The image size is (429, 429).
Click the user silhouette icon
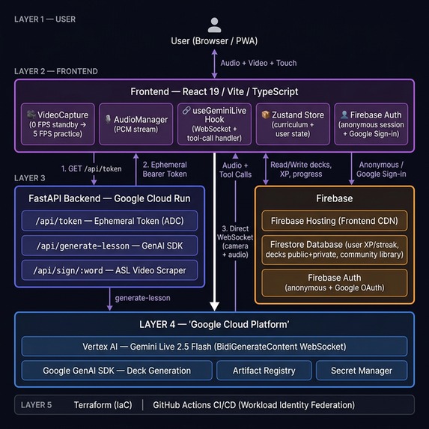coord(214,25)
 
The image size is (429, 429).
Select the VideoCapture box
coord(58,124)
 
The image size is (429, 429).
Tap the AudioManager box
coord(136,124)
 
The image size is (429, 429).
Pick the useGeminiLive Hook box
coord(214,124)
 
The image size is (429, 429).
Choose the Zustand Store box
coord(293,124)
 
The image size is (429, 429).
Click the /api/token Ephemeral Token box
coord(109,221)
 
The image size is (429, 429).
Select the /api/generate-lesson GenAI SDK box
coord(109,246)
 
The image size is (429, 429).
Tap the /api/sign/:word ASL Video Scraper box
coord(109,270)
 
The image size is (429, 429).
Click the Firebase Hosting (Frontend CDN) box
coord(335,221)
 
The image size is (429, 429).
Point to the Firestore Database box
coord(335,249)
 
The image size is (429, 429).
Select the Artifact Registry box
coord(264,371)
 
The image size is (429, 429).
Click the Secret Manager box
coord(362,371)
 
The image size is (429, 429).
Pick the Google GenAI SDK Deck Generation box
coord(117,371)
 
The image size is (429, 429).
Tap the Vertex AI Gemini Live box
coord(214,347)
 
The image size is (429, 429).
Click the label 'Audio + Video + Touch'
coord(258,63)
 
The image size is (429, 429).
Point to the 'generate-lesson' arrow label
coord(142,298)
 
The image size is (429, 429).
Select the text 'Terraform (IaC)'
coord(103,405)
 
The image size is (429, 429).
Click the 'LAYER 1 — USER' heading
coord(45,19)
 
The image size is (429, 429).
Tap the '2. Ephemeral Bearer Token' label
coord(165,169)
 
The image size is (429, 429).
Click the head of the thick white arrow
coord(214,306)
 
